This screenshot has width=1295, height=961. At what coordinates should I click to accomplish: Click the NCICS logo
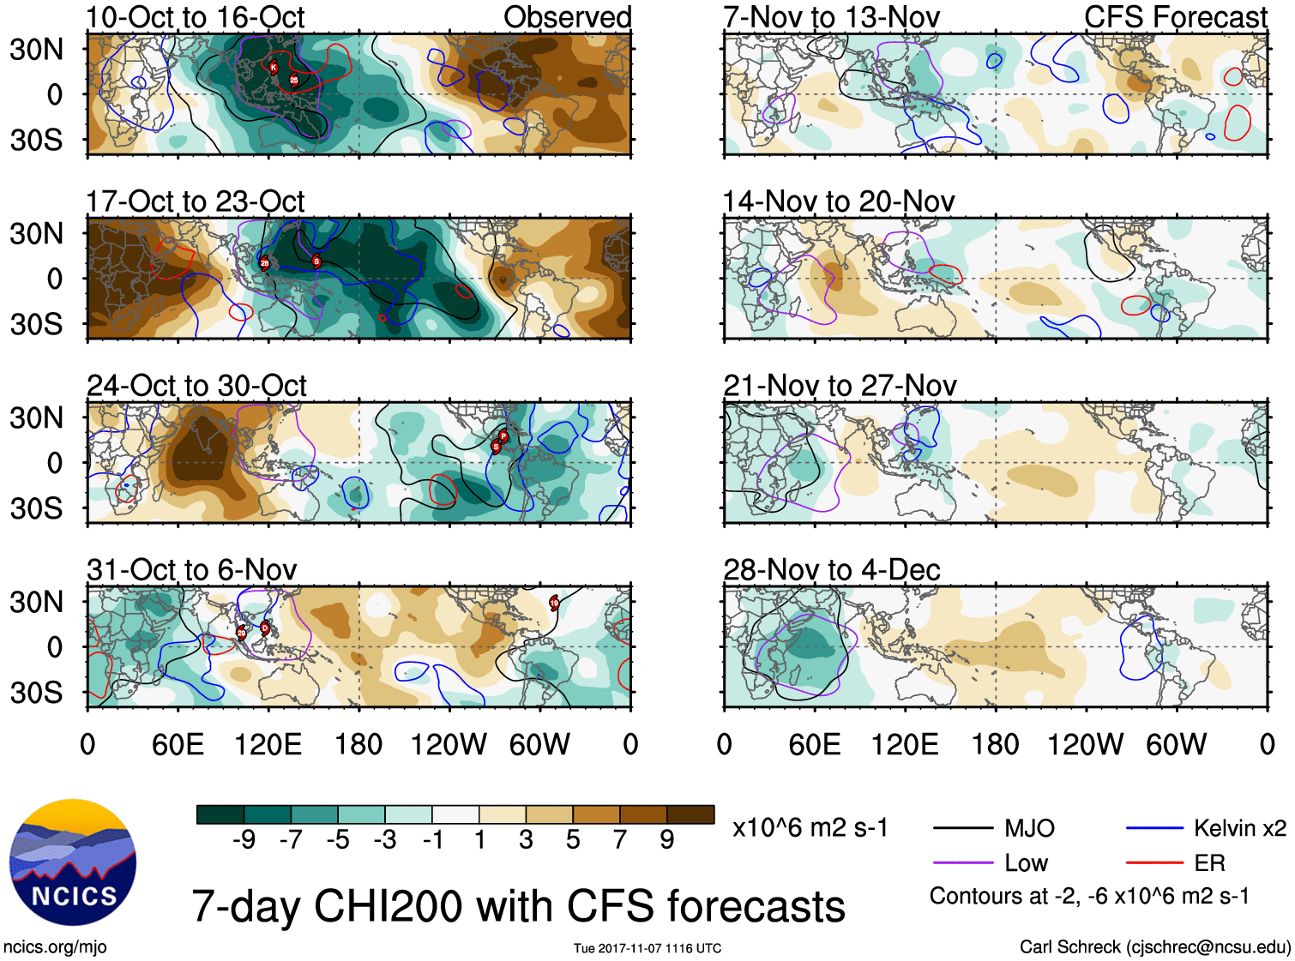click(72, 862)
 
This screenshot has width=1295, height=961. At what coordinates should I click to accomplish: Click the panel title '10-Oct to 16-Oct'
click(196, 17)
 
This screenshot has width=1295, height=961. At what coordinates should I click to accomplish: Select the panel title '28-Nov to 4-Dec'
click(832, 570)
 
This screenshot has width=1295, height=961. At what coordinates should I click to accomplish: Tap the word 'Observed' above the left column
click(567, 17)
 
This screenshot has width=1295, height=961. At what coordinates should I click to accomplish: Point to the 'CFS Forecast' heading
click(1175, 17)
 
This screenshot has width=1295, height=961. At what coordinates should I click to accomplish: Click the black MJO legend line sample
click(962, 828)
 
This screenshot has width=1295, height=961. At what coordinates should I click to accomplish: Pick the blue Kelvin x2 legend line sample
click(1154, 828)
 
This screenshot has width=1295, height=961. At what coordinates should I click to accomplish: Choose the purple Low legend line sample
click(962, 863)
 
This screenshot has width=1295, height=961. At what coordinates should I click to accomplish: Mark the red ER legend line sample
click(1154, 863)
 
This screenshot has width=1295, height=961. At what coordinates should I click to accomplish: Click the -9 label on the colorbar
click(244, 840)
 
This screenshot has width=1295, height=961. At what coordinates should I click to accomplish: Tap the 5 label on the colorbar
click(573, 840)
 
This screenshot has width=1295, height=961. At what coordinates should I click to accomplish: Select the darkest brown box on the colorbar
click(690, 814)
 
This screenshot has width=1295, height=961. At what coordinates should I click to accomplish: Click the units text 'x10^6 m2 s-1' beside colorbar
click(810, 828)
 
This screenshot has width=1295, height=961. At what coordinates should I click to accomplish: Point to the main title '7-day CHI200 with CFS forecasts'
click(518, 906)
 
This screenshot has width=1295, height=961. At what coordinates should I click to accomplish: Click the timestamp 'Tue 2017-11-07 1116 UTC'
click(647, 948)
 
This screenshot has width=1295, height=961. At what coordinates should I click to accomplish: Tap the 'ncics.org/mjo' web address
click(55, 947)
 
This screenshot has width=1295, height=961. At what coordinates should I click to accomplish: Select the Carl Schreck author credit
click(1154, 947)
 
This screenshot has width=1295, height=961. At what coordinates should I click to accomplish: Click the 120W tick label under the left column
click(449, 744)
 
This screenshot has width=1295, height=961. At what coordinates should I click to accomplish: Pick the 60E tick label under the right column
click(814, 744)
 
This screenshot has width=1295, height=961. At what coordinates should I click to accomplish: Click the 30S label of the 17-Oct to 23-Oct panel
click(36, 324)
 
